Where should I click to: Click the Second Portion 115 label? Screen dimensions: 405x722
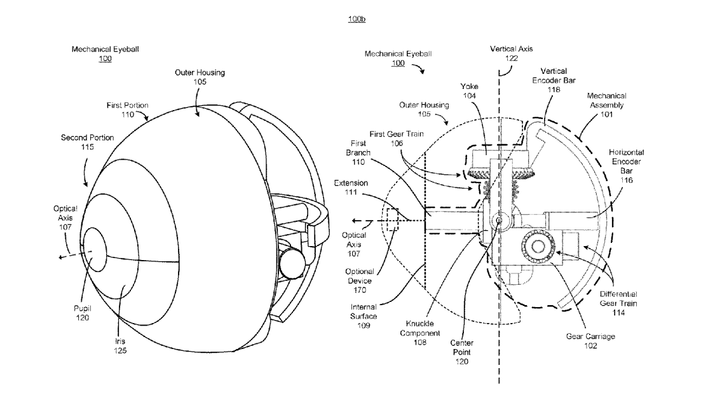[x=78, y=142]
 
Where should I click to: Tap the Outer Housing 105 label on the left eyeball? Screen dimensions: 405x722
[x=200, y=76]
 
